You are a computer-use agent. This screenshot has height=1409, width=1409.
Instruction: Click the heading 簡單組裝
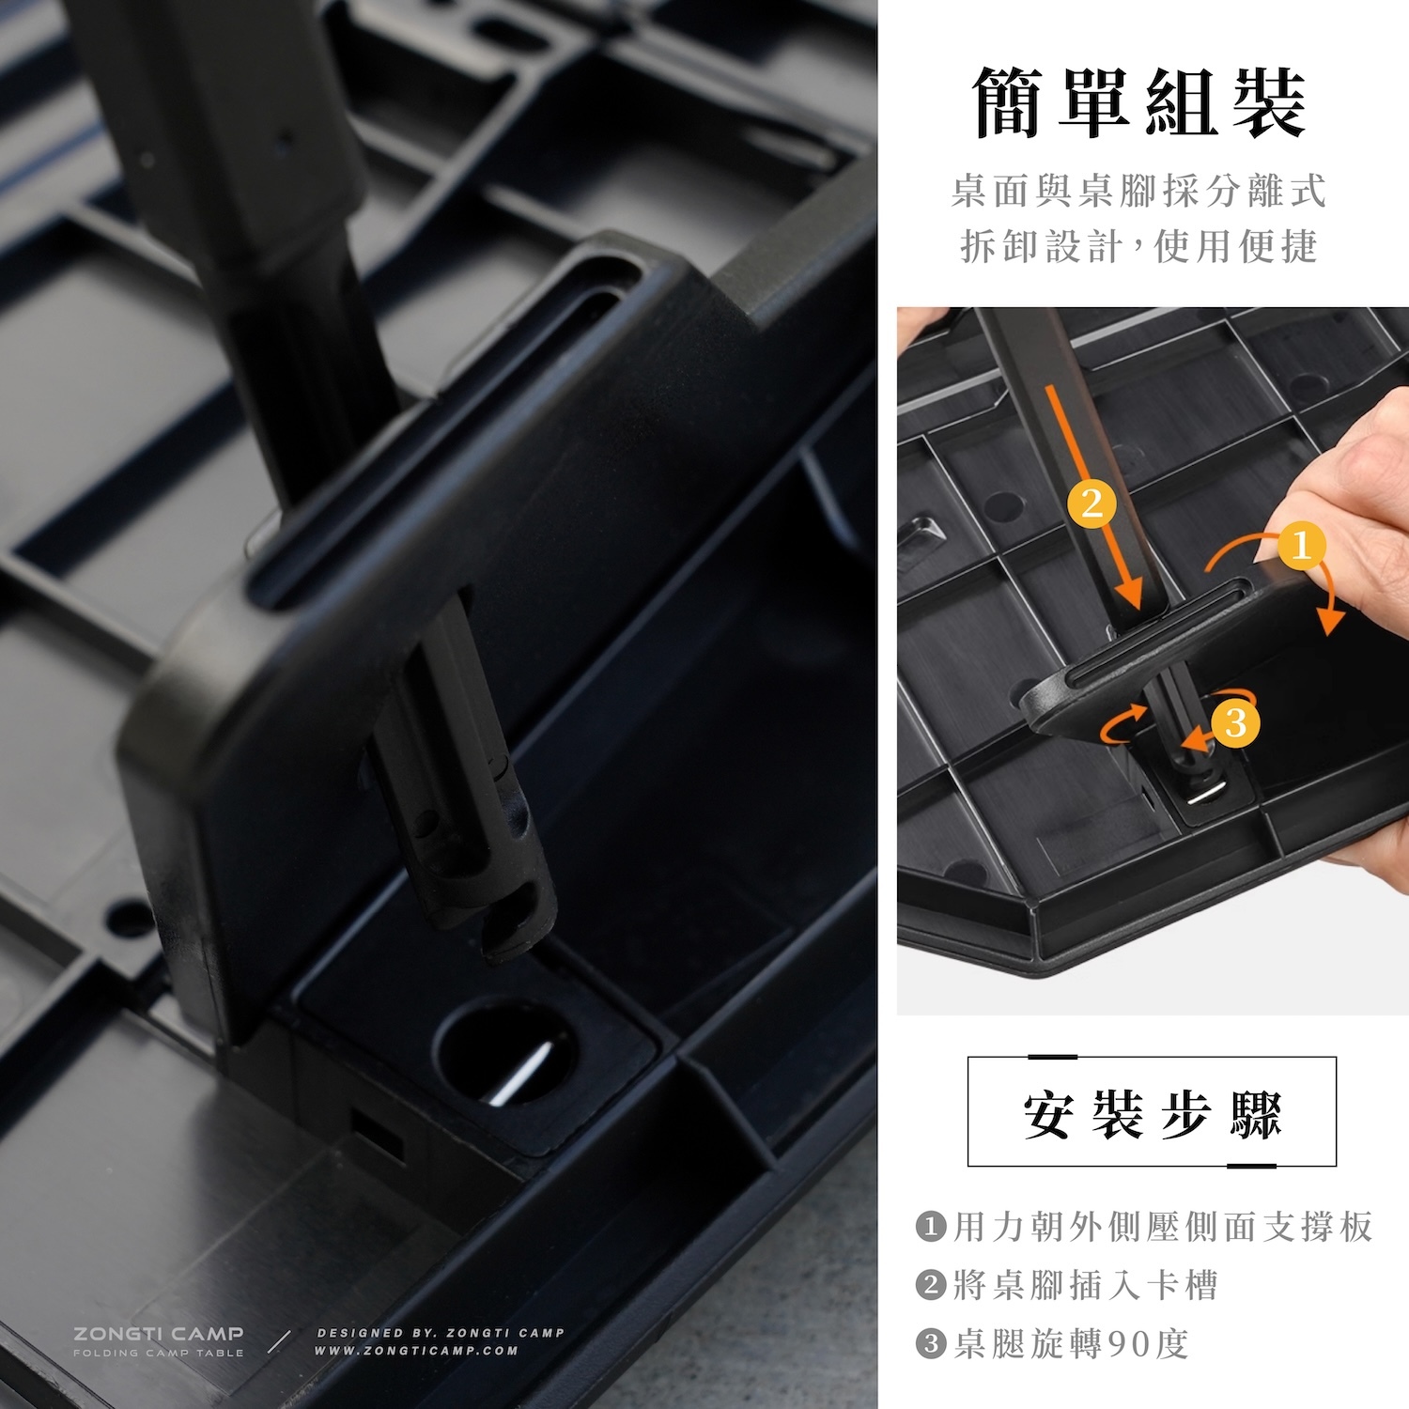point(1138,103)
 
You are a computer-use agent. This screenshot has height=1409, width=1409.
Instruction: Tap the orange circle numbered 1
point(1301,545)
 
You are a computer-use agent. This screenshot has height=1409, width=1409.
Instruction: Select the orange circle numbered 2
point(1092,503)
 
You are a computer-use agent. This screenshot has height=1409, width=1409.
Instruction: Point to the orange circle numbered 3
point(1235,722)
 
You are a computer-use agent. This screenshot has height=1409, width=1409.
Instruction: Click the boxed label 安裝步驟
point(1152,1112)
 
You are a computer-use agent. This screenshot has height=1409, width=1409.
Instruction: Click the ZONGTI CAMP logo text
point(159,1334)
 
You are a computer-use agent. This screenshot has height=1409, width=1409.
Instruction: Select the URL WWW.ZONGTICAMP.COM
point(416,1351)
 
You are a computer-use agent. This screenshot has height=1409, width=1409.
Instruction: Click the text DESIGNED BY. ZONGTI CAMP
point(441,1333)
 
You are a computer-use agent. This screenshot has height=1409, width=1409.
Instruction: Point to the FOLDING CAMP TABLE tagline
point(159,1353)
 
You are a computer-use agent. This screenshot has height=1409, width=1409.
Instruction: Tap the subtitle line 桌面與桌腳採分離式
point(1138,191)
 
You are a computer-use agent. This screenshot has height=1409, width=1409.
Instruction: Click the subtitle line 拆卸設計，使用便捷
point(1138,246)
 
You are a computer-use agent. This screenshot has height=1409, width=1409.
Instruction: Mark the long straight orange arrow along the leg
point(1093,498)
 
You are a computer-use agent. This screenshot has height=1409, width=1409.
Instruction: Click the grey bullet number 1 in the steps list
point(930,1227)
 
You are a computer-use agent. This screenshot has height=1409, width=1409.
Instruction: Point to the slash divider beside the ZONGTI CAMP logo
point(279,1341)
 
